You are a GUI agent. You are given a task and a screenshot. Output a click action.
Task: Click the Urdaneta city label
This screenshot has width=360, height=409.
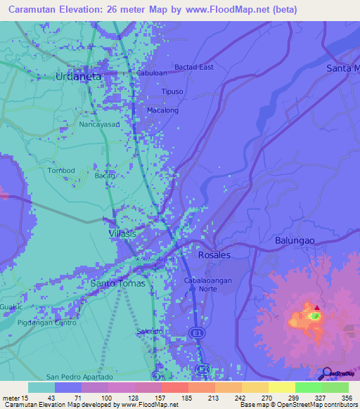pos(79,76)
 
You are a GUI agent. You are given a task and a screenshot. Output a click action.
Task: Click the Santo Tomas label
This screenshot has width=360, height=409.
pos(118,283)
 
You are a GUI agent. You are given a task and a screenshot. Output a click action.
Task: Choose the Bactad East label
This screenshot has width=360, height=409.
pos(194,67)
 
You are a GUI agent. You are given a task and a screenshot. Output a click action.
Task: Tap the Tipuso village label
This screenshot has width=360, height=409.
pos(172,92)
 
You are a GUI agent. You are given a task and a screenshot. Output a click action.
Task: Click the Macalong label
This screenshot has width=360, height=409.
pos(162,110)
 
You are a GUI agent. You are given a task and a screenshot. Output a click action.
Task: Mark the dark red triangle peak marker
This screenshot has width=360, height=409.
pos(316,307)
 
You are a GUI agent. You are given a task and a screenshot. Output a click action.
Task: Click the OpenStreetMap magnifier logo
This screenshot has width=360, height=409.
pos(326,373)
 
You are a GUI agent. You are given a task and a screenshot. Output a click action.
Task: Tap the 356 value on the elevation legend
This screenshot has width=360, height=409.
pos(347,397)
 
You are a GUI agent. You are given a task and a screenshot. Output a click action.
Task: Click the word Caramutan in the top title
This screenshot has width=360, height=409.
pos(34,10)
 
